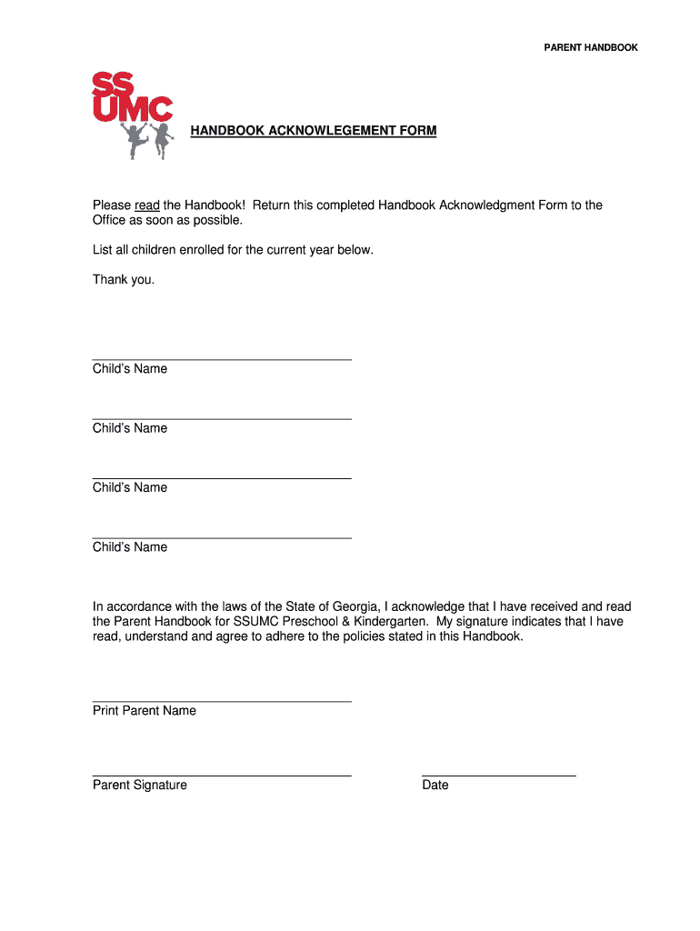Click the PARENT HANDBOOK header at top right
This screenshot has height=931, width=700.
pos(591,47)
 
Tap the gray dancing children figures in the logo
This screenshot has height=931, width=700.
pos(147,141)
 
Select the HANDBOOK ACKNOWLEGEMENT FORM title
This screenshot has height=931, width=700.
pos(313,131)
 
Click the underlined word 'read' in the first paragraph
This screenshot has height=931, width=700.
pos(147,205)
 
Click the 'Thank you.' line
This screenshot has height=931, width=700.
pos(124,279)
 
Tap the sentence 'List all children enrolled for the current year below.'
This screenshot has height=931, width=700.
pos(233,249)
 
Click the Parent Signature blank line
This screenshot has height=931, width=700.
pos(222,775)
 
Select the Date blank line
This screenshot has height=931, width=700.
pos(498,775)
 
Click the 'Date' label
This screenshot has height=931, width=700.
pos(435,786)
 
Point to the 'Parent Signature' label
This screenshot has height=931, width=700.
pos(140,786)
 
